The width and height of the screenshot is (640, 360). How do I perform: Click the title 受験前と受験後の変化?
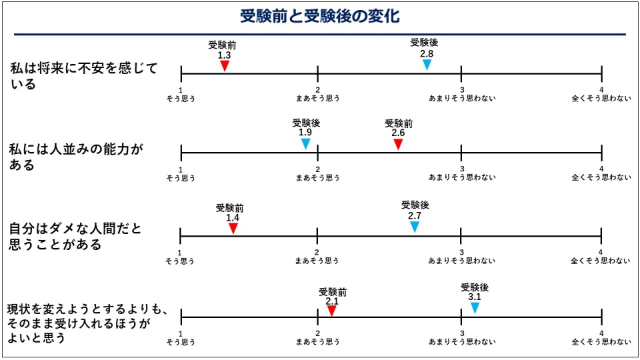coord(320,16)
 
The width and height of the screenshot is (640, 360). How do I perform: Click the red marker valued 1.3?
coord(225,65)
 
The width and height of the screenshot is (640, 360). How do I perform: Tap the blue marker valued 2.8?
coord(427,65)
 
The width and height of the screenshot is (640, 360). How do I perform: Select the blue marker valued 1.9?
coord(305,143)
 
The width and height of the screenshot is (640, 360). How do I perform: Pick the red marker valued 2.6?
coord(398,144)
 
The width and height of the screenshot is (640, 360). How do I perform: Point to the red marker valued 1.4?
coord(233,228)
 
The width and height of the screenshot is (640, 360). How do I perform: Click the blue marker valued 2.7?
coord(415,227)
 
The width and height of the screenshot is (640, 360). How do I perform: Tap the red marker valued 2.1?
coord(331,310)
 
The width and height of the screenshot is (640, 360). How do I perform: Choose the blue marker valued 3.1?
coord(475,307)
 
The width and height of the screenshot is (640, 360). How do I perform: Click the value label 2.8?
coord(427,53)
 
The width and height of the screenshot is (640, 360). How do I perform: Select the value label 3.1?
coord(475,297)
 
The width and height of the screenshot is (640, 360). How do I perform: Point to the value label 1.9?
coord(305,132)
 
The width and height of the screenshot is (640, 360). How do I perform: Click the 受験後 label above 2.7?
coord(415,205)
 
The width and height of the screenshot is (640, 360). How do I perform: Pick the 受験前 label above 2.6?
coord(399,123)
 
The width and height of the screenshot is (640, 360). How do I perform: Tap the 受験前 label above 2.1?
coord(332,291)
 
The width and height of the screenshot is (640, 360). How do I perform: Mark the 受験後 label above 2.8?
coord(424,43)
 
